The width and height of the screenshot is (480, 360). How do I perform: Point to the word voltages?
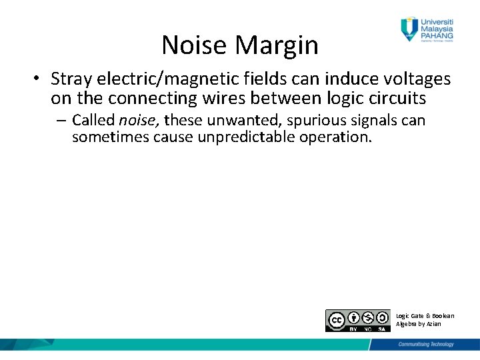coord(416,79)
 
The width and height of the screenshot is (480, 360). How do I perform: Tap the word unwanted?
coord(249,121)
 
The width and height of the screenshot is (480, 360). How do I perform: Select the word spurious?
coord(315,121)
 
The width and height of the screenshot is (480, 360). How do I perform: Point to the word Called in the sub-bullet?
coord(93,121)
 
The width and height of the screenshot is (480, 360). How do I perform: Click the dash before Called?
coord(63,121)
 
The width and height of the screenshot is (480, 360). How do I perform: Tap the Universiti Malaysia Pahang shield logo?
coord(409,28)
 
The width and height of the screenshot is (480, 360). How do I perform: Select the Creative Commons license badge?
coord(358,321)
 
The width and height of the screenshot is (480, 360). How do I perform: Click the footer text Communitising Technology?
coord(426,344)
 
